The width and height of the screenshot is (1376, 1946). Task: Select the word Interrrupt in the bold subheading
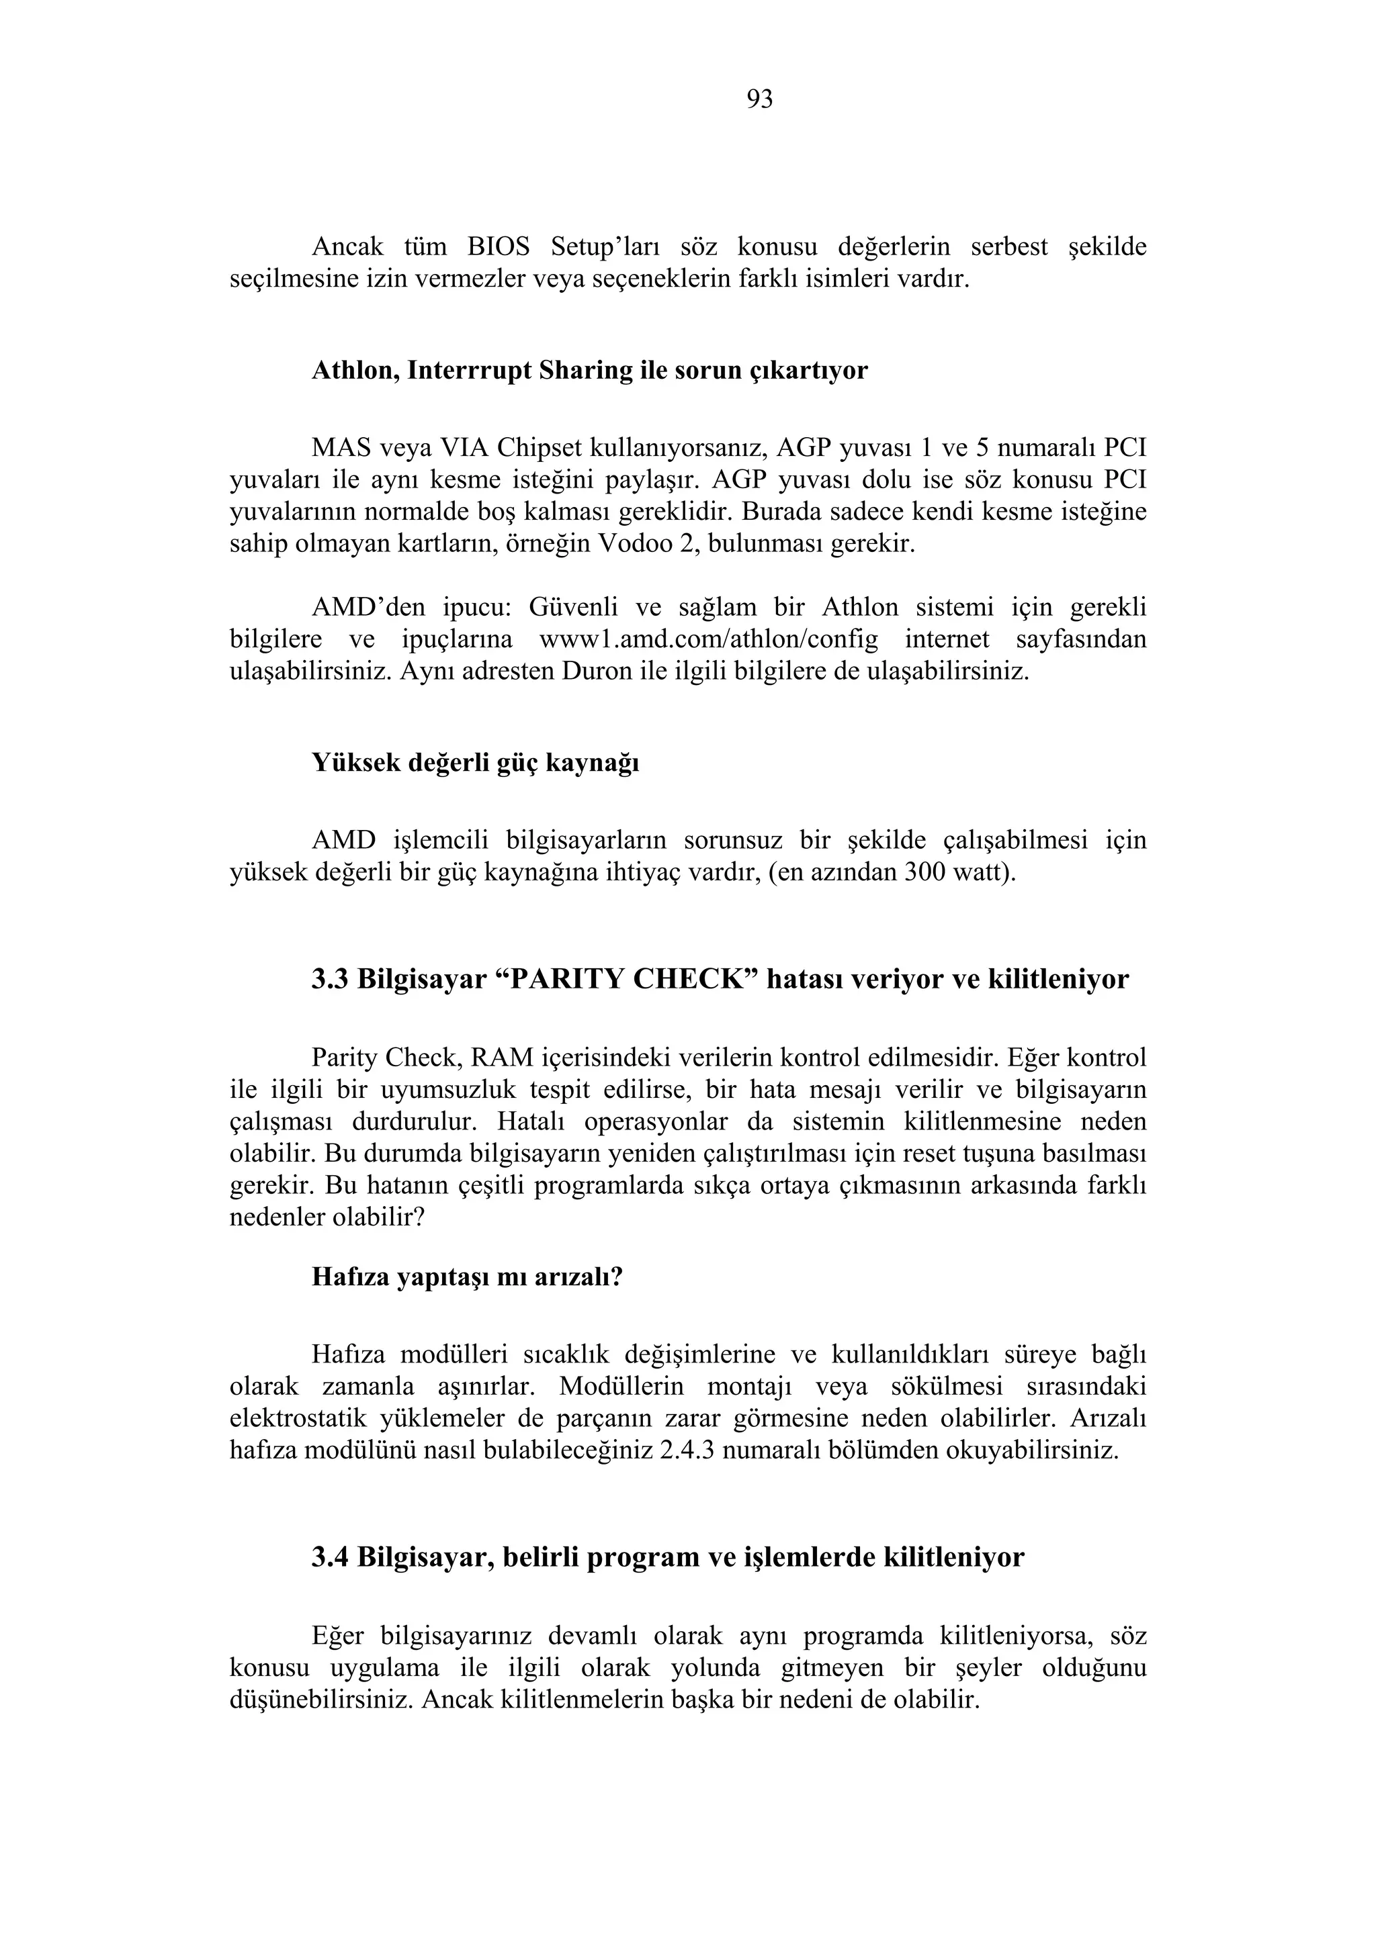469,371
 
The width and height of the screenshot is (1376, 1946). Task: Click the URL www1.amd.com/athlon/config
709,639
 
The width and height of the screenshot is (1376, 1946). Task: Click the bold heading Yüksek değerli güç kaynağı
476,762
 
